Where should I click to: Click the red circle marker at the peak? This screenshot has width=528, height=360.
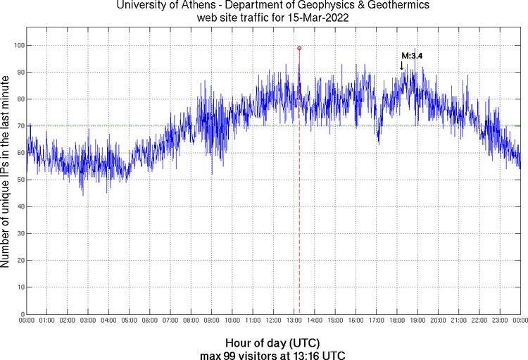click(299, 48)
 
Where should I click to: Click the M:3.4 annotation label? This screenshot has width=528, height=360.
click(411, 55)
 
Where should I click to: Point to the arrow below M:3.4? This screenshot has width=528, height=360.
click(402, 66)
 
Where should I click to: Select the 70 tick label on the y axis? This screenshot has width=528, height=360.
click(18, 126)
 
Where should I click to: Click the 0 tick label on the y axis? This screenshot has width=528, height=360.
click(20, 314)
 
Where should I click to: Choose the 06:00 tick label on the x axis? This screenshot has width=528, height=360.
click(149, 321)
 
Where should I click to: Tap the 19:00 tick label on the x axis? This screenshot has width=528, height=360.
click(417, 321)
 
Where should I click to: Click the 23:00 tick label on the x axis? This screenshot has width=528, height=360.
click(500, 321)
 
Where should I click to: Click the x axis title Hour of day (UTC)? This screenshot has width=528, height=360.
click(274, 342)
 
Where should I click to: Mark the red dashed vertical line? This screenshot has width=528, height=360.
click(299, 211)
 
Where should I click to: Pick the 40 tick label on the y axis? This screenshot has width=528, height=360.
click(18, 206)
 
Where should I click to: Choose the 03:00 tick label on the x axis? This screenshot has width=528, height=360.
click(87, 321)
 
